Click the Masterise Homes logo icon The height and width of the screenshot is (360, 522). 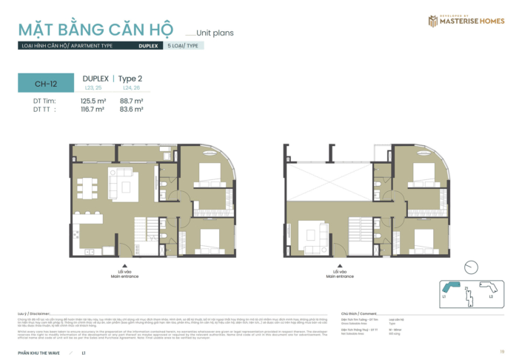coord(432,21)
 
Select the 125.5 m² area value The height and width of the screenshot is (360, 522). coord(93,100)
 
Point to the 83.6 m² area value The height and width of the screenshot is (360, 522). coord(131,109)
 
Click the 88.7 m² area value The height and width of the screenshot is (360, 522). coord(131,100)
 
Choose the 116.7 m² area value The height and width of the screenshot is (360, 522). coord(93,109)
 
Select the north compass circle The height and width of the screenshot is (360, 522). coord(471,267)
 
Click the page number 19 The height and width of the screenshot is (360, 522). coord(501,351)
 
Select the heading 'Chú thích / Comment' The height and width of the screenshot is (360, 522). coord(358,313)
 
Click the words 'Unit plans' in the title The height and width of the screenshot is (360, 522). coord(214,33)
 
